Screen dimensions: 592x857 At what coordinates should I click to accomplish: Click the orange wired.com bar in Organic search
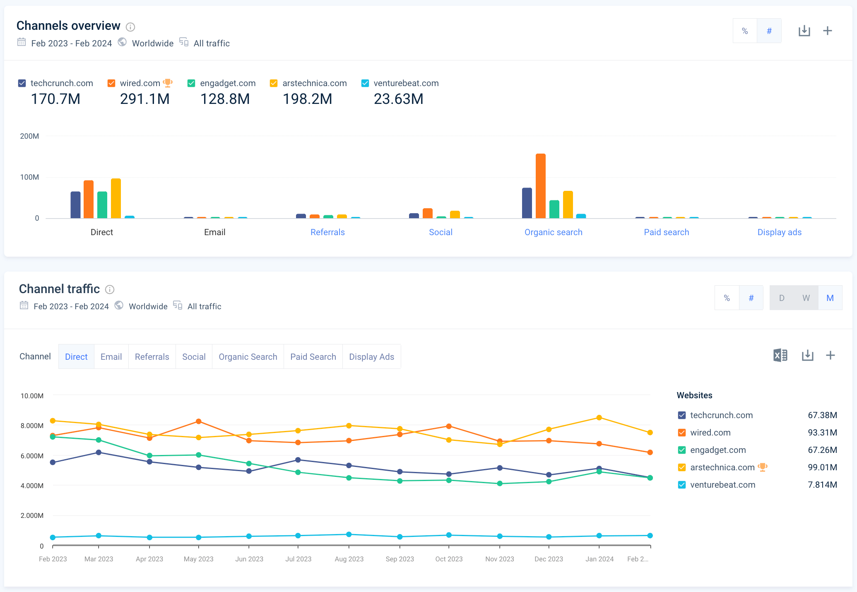point(540,186)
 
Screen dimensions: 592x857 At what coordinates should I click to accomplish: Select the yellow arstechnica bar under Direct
point(116,198)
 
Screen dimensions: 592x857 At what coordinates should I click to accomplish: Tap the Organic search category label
point(553,232)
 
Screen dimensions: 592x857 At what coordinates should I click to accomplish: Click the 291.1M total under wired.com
point(144,99)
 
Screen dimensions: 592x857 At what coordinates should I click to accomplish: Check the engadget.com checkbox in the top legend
point(191,83)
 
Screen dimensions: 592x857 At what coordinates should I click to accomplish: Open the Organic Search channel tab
point(248,357)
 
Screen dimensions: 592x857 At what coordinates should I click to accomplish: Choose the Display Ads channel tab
point(371,357)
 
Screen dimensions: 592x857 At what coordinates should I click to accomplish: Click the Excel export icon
point(780,355)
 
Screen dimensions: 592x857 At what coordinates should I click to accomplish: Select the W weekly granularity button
point(806,298)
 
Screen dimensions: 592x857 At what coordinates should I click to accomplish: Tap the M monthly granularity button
point(830,298)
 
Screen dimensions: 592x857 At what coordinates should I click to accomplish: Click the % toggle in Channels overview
point(745,31)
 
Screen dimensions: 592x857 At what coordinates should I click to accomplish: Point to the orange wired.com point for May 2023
point(199,421)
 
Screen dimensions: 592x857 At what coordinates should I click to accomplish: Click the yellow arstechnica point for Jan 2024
point(599,418)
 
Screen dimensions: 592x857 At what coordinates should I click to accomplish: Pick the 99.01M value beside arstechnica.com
point(822,467)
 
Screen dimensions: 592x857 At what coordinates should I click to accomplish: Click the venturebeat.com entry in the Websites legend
point(722,485)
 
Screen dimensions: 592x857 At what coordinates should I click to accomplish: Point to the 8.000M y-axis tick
point(32,426)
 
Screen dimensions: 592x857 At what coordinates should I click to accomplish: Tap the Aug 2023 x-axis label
point(349,559)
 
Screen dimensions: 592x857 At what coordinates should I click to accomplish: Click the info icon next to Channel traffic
point(110,289)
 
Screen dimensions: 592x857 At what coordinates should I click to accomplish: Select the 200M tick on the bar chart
point(29,136)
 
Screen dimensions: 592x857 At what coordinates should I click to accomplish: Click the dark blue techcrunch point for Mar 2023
point(99,452)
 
